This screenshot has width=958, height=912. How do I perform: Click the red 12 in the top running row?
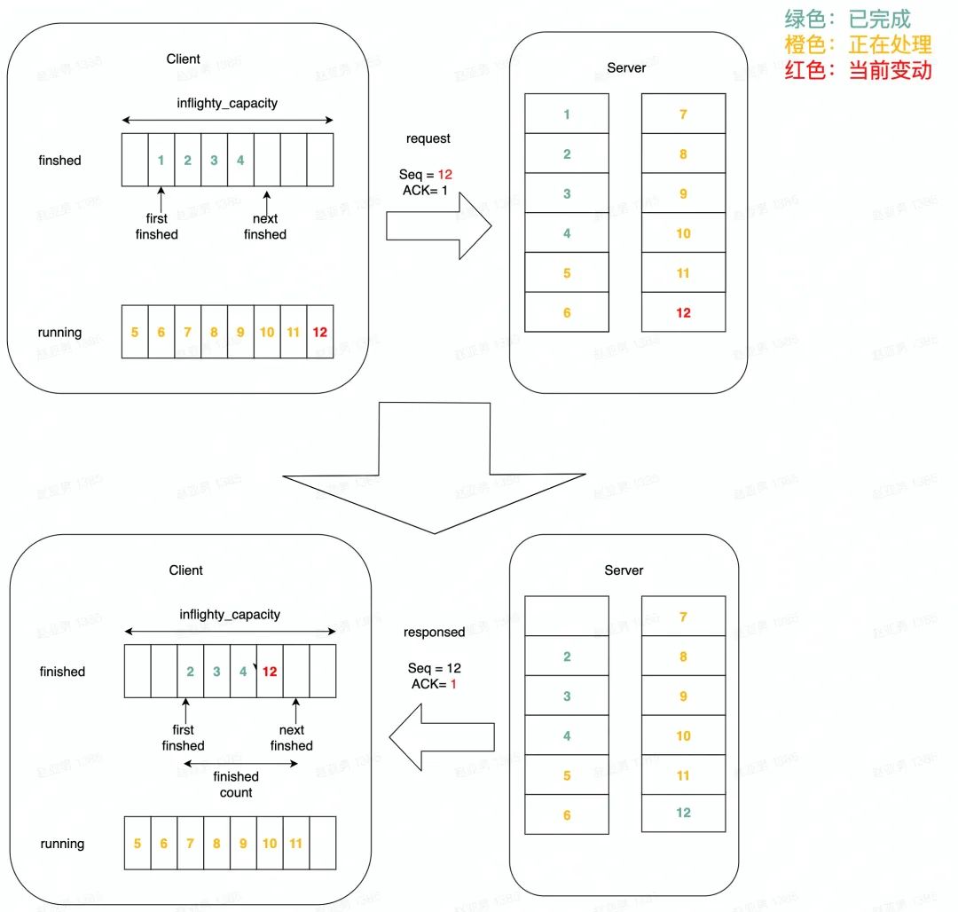(320, 333)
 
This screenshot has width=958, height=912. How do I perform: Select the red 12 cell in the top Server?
(683, 312)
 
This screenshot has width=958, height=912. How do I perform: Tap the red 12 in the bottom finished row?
(271, 672)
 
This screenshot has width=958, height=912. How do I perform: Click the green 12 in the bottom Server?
(683, 813)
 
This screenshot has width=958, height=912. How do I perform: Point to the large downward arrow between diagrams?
(434, 470)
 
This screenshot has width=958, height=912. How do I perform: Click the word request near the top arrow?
(428, 138)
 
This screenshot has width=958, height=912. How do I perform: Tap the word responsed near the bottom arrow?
(435, 633)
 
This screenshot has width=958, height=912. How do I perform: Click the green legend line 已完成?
(847, 19)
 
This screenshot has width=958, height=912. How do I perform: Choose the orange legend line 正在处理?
(858, 44)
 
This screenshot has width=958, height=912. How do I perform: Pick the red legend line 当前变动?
(858, 70)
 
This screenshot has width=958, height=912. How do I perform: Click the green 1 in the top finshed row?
(161, 161)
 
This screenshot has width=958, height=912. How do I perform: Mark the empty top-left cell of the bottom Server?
(567, 616)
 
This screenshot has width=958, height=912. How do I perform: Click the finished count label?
(235, 784)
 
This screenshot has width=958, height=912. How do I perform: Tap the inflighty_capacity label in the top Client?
(227, 103)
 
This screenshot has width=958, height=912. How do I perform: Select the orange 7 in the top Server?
(683, 114)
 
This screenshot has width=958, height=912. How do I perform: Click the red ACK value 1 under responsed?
(452, 685)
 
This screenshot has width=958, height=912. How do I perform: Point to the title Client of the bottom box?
(186, 570)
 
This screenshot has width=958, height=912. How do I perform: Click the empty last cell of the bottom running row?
(323, 843)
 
